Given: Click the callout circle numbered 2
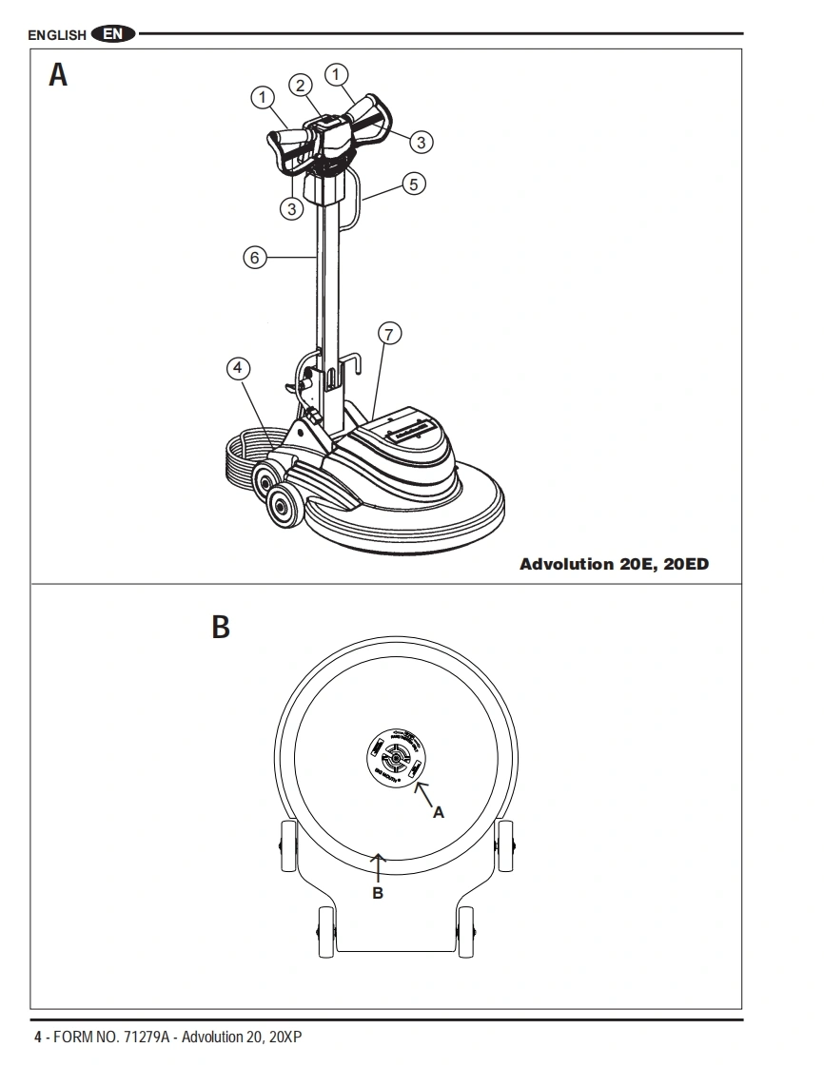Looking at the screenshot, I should coord(301,85).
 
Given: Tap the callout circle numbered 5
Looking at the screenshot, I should coord(414,184).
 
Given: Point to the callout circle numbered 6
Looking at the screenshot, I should coord(254,257).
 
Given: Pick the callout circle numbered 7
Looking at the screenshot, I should coord(388,333).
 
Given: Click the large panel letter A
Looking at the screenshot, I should coord(58,76).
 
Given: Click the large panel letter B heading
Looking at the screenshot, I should coord(220,629).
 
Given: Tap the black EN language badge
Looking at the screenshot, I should coord(113,35).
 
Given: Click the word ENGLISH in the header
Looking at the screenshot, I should coord(57,36).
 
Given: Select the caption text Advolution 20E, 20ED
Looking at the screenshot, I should coord(614,564).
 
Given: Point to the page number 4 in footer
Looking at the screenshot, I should coord(38,1037).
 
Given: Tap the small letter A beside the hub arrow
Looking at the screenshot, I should coord(438,812).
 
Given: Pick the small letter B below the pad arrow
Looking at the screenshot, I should coord(378,893).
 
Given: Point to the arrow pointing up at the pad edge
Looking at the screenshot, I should coord(378,865).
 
